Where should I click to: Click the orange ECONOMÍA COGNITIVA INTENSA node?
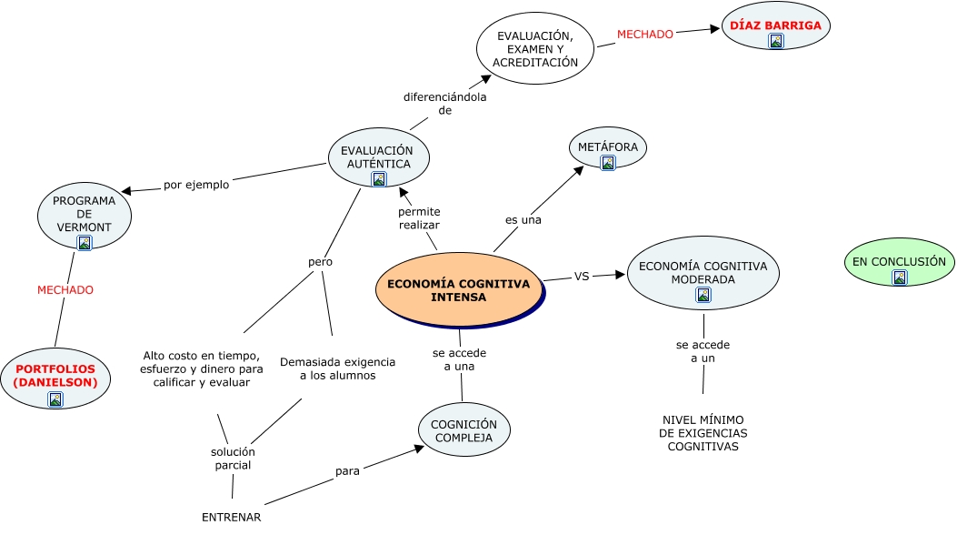tap(458, 290)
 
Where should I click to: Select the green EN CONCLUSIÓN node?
tap(899, 262)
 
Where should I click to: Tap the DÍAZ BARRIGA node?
tap(775, 26)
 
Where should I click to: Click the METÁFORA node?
tap(608, 147)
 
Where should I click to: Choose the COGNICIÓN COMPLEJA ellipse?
tap(464, 430)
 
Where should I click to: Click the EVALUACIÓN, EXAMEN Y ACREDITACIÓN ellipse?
tap(535, 49)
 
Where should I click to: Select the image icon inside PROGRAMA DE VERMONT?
tap(85, 243)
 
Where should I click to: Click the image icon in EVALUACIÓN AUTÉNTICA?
tap(379, 179)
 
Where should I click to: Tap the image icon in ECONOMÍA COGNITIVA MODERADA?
tap(703, 295)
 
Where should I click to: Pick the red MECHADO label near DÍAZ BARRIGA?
tap(645, 35)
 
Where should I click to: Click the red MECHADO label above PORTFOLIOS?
tap(65, 290)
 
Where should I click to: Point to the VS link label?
tap(582, 277)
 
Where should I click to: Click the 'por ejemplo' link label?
tap(196, 185)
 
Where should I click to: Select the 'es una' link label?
tap(523, 220)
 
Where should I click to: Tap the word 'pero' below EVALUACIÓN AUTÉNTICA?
tap(320, 262)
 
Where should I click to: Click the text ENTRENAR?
tap(232, 518)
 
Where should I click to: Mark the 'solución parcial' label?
tap(233, 459)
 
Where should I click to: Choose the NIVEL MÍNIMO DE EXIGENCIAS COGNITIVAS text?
tap(703, 433)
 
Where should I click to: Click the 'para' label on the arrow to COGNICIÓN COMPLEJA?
tap(347, 471)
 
